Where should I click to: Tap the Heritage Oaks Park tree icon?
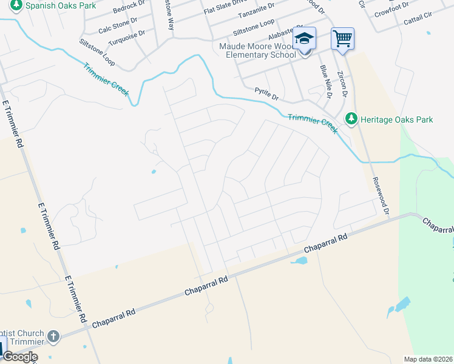click(x=350, y=120)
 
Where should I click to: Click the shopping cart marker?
click(x=342, y=39)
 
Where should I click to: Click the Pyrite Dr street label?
click(x=266, y=96)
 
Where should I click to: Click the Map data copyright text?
click(x=428, y=359)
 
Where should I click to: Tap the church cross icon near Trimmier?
click(x=53, y=336)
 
